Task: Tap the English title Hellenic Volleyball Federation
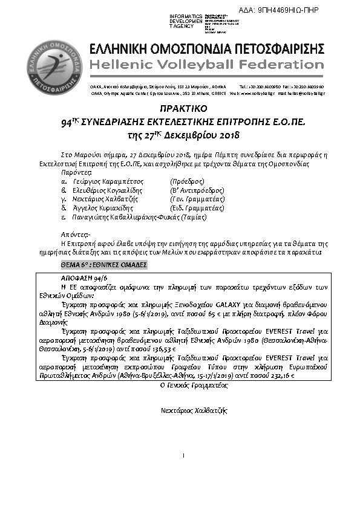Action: click(206, 65)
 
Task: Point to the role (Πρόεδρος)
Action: click(188, 181)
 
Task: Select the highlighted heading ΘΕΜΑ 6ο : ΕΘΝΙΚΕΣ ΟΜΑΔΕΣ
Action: click(103, 265)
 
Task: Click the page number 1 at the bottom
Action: click(182, 454)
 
